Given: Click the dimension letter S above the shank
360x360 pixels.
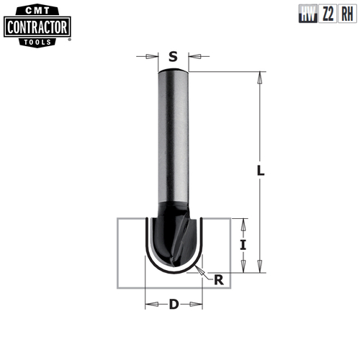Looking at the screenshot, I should [x=173, y=55].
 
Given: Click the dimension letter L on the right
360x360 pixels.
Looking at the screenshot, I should [x=261, y=171].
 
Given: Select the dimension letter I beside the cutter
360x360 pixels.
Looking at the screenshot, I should [x=243, y=245].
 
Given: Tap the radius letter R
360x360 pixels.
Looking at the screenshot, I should [x=218, y=280].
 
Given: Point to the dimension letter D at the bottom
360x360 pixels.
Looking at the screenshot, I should [x=174, y=304].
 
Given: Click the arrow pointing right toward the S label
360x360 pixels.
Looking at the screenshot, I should [x=153, y=55].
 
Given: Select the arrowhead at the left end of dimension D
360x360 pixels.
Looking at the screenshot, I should [x=149, y=304].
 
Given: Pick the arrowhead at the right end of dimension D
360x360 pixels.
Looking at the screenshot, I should [x=197, y=304].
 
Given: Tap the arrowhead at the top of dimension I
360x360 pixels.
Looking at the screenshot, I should [x=243, y=221].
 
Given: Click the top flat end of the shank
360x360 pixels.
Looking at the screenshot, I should [x=173, y=71].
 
